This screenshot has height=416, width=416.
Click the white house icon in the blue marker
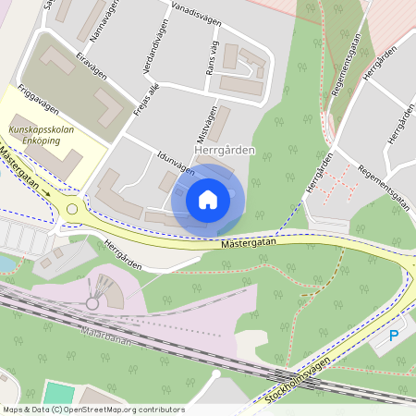coord(208,199)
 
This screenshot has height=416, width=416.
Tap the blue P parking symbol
coord(394,336)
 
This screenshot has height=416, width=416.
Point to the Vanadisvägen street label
coord(195,19)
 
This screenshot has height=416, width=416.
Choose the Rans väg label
coord(213,57)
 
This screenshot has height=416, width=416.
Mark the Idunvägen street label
coord(176,161)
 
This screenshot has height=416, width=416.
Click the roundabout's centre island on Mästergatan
coord(72,209)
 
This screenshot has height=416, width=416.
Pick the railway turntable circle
coord(92,302)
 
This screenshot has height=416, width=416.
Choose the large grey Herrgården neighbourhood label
coord(225,149)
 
